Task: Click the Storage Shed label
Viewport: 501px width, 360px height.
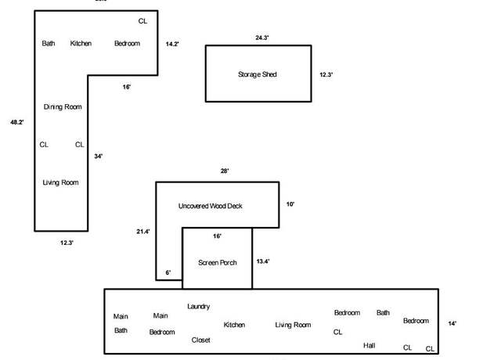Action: click(258, 74)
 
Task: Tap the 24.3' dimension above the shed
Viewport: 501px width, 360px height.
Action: click(262, 38)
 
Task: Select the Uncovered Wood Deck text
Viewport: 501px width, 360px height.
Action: click(211, 206)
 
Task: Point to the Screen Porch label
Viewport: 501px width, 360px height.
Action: click(218, 263)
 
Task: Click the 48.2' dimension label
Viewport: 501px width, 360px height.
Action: click(17, 122)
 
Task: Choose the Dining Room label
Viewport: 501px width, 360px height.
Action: click(63, 107)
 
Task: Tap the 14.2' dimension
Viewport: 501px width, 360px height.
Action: click(172, 44)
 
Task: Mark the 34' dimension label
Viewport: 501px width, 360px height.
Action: click(99, 157)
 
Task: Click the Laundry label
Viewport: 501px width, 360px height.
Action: click(198, 307)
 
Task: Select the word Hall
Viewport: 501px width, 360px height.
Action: click(369, 346)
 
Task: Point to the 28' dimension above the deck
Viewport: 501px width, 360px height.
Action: click(225, 171)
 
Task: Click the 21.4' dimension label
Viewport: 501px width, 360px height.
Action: click(143, 232)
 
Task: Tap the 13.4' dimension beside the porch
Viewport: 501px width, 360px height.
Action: click(263, 261)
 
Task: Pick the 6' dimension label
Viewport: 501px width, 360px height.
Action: click(168, 272)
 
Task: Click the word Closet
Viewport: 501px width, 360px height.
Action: click(200, 340)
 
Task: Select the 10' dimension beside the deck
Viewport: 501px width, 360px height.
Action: click(290, 204)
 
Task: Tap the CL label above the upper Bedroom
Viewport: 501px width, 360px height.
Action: click(142, 21)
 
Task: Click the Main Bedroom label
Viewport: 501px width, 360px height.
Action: click(162, 324)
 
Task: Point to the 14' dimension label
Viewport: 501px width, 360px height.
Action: click(452, 323)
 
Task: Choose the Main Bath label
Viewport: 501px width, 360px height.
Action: click(121, 323)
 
